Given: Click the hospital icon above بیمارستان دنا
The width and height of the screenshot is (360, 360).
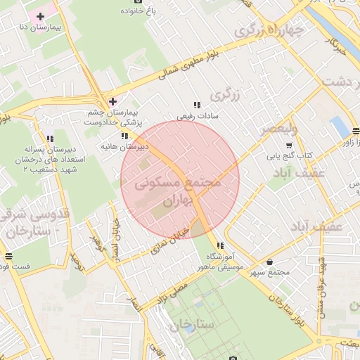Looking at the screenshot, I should point(41,15).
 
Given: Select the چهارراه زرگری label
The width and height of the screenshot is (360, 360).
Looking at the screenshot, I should point(269,32).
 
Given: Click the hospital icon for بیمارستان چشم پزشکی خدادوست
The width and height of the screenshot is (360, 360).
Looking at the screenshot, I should point(112,102).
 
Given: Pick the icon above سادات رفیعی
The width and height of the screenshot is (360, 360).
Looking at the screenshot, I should point(197,104).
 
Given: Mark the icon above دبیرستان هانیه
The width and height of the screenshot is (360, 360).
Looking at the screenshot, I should point(124,136).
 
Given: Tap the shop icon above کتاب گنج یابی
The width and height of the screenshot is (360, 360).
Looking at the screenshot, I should point(270,144).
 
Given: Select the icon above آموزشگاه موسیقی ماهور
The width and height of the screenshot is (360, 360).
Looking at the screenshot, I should point(221,246).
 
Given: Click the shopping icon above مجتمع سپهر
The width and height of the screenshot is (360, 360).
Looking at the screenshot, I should point(270,262).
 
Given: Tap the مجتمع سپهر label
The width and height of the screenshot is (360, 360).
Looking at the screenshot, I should point(270,272).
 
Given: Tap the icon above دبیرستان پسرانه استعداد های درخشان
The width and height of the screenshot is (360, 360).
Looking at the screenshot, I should point(49,139).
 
